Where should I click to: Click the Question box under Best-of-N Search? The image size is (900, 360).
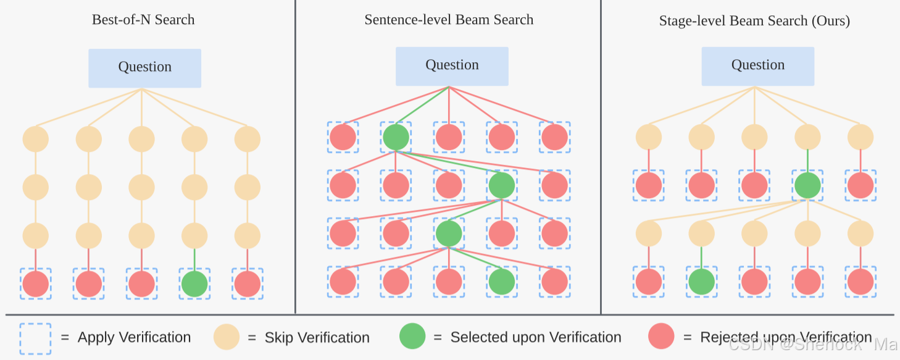[144, 68]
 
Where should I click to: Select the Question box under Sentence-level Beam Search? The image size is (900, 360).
[452, 66]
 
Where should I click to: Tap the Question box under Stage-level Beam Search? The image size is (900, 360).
[757, 66]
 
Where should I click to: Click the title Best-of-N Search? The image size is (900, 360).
[143, 20]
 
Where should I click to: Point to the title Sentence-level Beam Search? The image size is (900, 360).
[449, 20]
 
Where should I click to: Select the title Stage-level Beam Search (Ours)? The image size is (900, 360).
[754, 21]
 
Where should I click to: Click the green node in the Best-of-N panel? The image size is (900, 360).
[194, 283]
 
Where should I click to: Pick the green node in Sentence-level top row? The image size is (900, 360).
[396, 137]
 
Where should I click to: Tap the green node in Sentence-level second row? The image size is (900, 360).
[501, 185]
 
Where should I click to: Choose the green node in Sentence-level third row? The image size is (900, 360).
[449, 233]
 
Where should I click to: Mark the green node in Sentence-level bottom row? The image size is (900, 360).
[501, 282]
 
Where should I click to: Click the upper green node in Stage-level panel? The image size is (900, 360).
[807, 185]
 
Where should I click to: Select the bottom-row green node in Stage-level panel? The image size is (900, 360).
[701, 282]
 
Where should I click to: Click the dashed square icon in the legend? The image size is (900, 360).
[35, 338]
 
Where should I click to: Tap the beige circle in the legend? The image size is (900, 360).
[227, 338]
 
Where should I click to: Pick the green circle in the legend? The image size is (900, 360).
[412, 337]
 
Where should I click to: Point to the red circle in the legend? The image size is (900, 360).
[662, 337]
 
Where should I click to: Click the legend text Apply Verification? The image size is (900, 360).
[134, 338]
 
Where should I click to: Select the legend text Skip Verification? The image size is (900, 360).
[317, 338]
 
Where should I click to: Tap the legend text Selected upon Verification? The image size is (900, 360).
[535, 338]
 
